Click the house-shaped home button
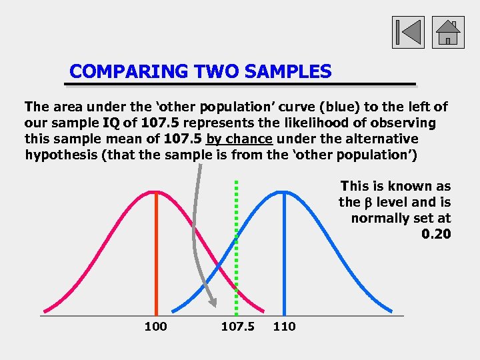pyautogui.click(x=448, y=32)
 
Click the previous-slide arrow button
pyautogui.click(x=407, y=32)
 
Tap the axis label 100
pyautogui.click(x=155, y=326)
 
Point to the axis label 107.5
pyautogui.click(x=237, y=326)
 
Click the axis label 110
pyautogui.click(x=284, y=326)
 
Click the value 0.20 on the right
pyautogui.click(x=436, y=234)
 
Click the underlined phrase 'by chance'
pyautogui.click(x=239, y=139)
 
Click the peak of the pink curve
pyautogui.click(x=156, y=192)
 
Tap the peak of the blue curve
pyautogui.click(x=284, y=192)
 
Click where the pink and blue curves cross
pyautogui.click(x=220, y=265)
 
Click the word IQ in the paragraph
pyautogui.click(x=111, y=123)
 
